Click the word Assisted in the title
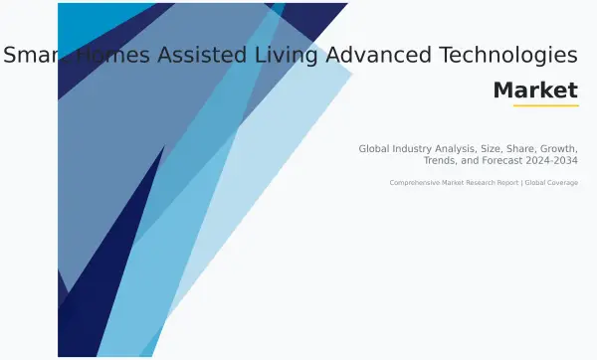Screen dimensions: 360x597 pyautogui.click(x=183, y=56)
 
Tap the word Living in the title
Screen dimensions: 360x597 pyautogui.click(x=269, y=56)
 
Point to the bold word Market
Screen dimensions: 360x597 pyautogui.click(x=535, y=90)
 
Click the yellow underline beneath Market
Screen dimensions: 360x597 pyautogui.click(x=545, y=105)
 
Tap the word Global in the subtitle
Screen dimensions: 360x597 pyautogui.click(x=376, y=148)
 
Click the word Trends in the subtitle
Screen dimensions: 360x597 pyautogui.click(x=441, y=160)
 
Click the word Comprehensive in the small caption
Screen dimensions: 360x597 pyautogui.click(x=416, y=183)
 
